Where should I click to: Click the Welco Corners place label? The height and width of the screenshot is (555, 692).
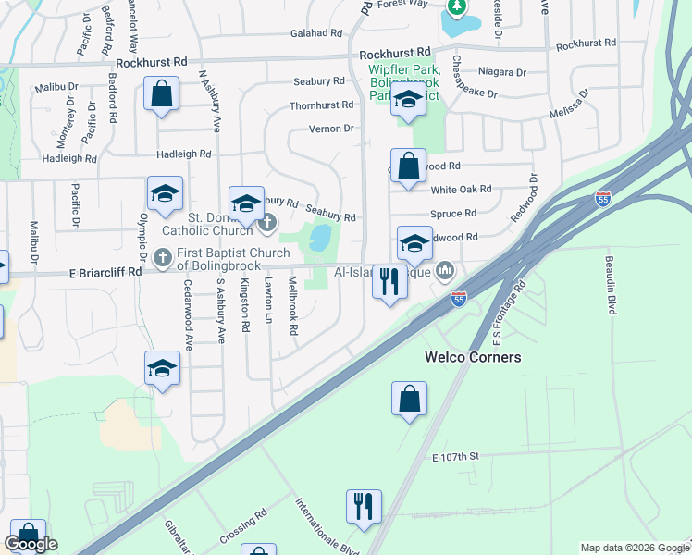tap(472, 357)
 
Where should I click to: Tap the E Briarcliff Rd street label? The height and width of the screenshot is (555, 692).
tap(106, 272)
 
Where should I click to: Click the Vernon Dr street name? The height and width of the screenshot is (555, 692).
tap(331, 129)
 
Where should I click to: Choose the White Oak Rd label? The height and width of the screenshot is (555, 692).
tap(461, 190)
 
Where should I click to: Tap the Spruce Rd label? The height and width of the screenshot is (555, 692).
tap(453, 213)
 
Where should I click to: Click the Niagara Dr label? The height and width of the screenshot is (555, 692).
tap(502, 71)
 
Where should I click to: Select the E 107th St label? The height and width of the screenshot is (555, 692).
tap(454, 456)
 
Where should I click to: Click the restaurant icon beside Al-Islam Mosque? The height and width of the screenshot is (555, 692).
tap(389, 280)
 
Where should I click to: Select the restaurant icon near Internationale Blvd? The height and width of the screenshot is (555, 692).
tap(363, 505)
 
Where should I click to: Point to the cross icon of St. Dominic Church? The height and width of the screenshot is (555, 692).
tap(267, 221)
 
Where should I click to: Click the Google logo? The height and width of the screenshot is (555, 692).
tap(31, 544)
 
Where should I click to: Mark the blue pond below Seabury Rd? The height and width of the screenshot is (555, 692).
tap(321, 238)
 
